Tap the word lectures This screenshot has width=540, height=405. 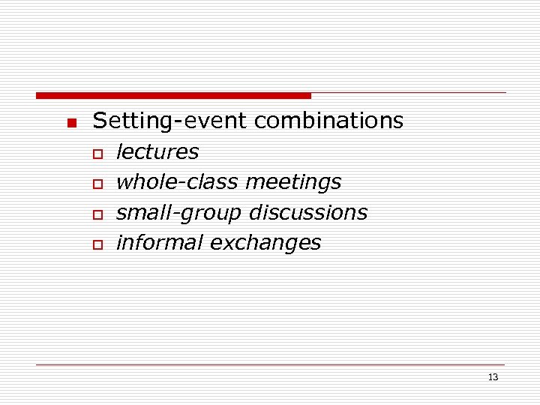click(157, 152)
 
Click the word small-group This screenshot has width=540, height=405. click(179, 213)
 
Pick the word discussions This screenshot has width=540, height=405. click(308, 213)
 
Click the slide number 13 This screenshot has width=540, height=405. click(493, 377)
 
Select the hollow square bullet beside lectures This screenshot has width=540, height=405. click(97, 154)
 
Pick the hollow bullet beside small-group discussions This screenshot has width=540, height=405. click(97, 214)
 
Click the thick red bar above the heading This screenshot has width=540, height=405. click(173, 95)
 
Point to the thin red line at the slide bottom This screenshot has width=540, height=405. click(270, 364)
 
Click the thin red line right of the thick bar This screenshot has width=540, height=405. click(409, 93)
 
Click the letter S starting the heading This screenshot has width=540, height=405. click(98, 121)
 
